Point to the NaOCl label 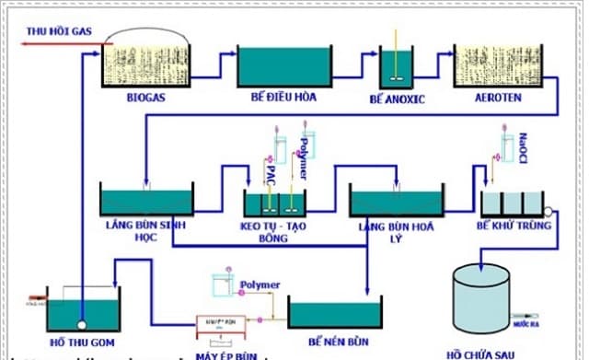click(523, 143)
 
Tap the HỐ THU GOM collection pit click(84, 308)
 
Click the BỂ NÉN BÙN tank click(334, 312)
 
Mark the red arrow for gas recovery click(46, 43)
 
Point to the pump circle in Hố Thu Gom click(82, 324)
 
